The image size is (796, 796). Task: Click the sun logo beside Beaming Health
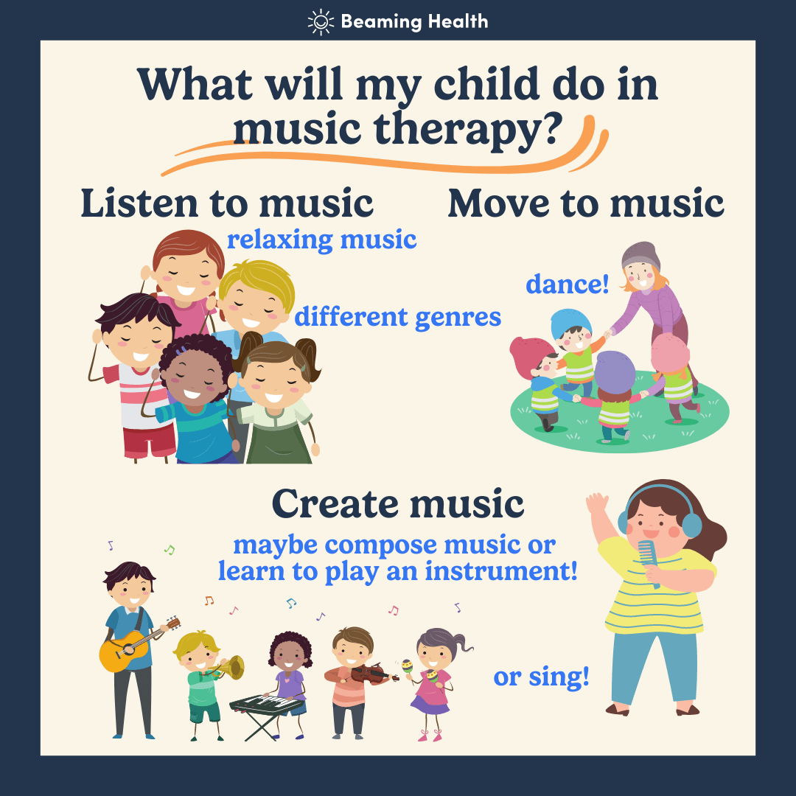[x=321, y=22]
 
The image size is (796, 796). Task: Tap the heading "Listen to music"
[x=227, y=203]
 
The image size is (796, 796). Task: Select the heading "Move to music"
[x=586, y=203]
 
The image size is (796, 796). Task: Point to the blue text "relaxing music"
[x=321, y=240]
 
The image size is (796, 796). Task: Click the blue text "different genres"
[x=397, y=318]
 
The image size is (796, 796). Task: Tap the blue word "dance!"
[x=567, y=284]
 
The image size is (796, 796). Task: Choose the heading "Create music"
[x=398, y=503]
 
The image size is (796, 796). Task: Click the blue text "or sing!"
[x=541, y=677]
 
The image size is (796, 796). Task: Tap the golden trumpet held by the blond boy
[x=229, y=668]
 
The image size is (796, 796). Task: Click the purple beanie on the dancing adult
[x=640, y=255]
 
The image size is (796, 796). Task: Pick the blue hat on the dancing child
[x=570, y=321]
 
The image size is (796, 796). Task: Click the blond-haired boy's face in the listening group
[x=252, y=304]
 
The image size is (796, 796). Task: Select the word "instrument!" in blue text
[x=501, y=570]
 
